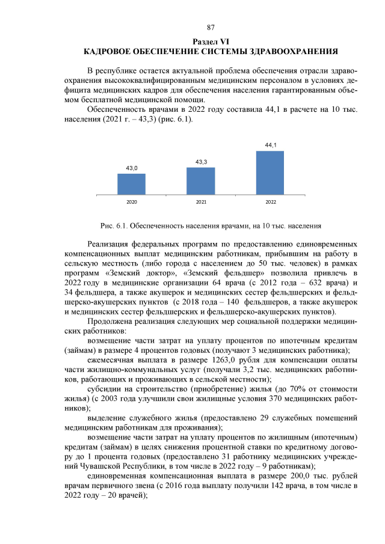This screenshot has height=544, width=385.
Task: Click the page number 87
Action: [211, 28]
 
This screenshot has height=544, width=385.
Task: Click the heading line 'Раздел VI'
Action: [211, 41]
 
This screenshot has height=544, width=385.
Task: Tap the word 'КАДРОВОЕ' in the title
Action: [109, 51]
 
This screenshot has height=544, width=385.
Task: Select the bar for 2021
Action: [201, 181]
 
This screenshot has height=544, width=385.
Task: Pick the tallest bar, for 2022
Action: [270, 173]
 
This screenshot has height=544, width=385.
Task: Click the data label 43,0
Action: [131, 168]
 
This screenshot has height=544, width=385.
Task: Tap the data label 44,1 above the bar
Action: [270, 145]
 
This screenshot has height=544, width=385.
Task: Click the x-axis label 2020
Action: [131, 202]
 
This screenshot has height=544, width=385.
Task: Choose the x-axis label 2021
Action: [201, 202]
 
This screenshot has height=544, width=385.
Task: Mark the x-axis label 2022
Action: [270, 202]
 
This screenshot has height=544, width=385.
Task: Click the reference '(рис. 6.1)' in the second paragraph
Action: [174, 119]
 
